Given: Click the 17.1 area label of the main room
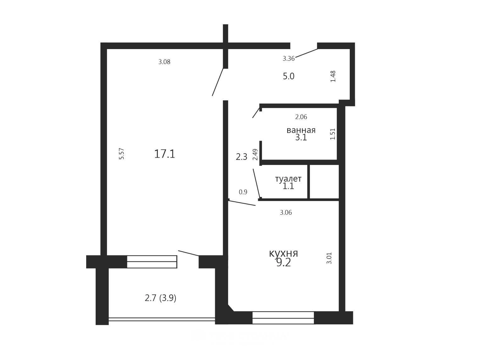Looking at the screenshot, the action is pyautogui.click(x=165, y=154).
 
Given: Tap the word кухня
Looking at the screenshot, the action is pyautogui.click(x=283, y=254).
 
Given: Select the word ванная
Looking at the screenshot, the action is pyautogui.click(x=301, y=130).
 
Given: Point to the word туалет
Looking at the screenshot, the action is pyautogui.click(x=288, y=179).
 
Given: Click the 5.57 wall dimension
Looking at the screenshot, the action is pyautogui.click(x=122, y=154).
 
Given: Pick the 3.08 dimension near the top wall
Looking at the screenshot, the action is pyautogui.click(x=164, y=62).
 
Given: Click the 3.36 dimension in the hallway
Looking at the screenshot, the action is pyautogui.click(x=289, y=59).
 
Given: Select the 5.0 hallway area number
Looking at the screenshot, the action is pyautogui.click(x=289, y=76).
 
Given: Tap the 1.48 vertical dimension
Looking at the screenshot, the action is pyautogui.click(x=333, y=76).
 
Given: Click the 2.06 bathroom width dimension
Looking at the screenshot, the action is pyautogui.click(x=301, y=117).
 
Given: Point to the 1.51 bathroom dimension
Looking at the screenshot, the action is pyautogui.click(x=332, y=134).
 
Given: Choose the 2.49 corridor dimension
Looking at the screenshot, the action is pyautogui.click(x=255, y=155).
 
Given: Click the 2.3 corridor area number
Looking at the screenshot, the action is pyautogui.click(x=242, y=157).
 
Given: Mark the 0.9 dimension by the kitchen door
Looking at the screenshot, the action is pyautogui.click(x=243, y=192).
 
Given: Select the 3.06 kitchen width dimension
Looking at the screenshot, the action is pyautogui.click(x=286, y=212).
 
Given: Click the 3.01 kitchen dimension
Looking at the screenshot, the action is pyautogui.click(x=329, y=258).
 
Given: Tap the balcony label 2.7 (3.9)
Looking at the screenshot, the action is pyautogui.click(x=160, y=298).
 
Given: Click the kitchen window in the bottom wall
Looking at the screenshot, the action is pyautogui.click(x=283, y=318).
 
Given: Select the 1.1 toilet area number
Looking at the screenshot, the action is pyautogui.click(x=288, y=186).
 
